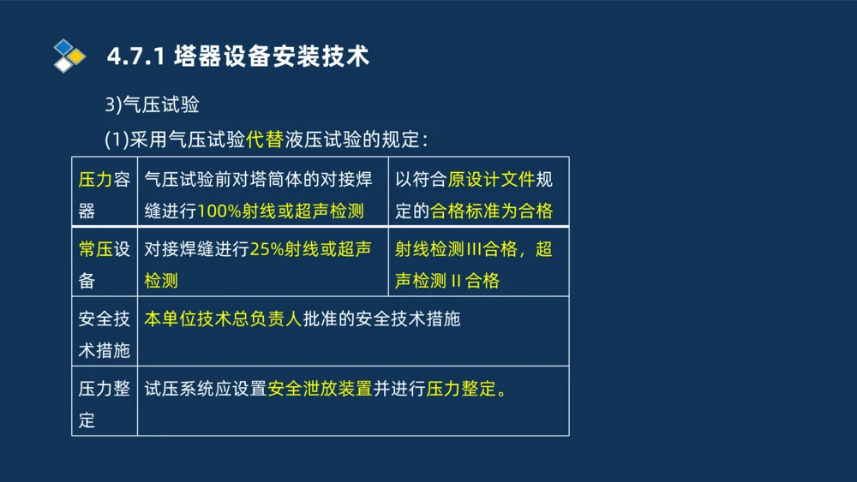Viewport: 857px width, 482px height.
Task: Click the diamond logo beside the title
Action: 69,56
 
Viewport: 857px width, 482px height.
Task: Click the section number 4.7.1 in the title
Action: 136,57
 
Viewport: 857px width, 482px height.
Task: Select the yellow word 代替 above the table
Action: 264,138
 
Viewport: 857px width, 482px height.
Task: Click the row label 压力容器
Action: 105,194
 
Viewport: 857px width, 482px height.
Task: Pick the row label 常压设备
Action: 105,265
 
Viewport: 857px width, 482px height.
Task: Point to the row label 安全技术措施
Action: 105,334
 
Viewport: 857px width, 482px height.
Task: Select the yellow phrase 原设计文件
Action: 491,180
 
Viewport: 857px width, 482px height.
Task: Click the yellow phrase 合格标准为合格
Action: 491,211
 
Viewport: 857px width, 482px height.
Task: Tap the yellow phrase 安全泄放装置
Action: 320,389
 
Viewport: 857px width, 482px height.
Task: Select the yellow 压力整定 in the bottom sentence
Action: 461,389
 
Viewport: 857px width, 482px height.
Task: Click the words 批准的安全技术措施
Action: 381,319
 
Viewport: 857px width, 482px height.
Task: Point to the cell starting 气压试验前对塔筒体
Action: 258,180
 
